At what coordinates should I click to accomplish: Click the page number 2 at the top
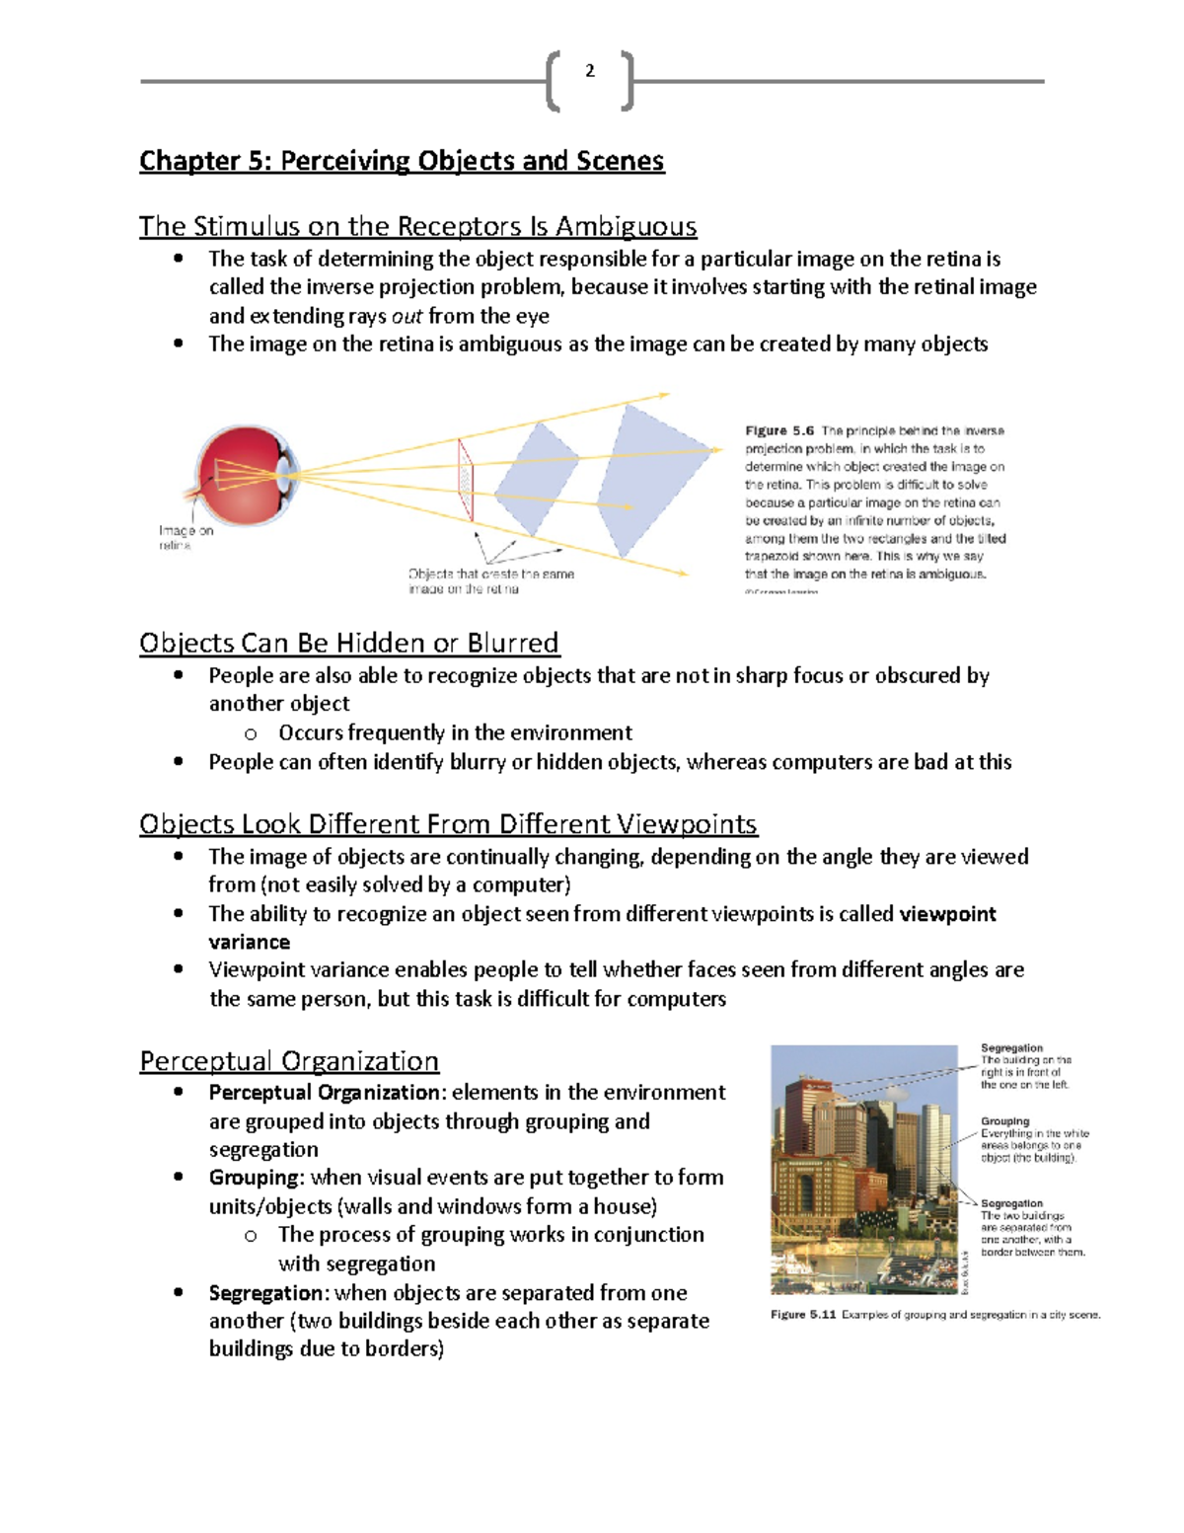(x=590, y=71)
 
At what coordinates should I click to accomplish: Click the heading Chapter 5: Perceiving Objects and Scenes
(x=402, y=161)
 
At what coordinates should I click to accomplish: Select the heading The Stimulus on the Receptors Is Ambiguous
(x=417, y=226)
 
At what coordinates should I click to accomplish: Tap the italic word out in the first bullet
(x=407, y=317)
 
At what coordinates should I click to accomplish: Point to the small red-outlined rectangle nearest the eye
(x=465, y=480)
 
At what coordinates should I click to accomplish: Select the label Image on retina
(x=185, y=538)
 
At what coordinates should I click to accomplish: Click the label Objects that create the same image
(x=490, y=580)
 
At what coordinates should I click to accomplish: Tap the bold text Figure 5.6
(x=779, y=431)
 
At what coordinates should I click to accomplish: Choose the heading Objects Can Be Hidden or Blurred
(x=348, y=644)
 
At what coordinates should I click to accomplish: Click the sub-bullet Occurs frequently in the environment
(x=455, y=733)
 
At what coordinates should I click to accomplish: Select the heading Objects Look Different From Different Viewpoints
(x=448, y=824)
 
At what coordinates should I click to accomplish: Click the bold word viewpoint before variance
(x=947, y=914)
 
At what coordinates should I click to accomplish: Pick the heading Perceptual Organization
(x=289, y=1061)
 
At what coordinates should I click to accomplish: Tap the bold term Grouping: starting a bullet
(x=256, y=1178)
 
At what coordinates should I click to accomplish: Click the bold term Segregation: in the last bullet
(x=266, y=1293)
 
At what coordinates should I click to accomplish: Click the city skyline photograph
(x=863, y=1170)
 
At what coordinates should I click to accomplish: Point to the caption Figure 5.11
(x=803, y=1315)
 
